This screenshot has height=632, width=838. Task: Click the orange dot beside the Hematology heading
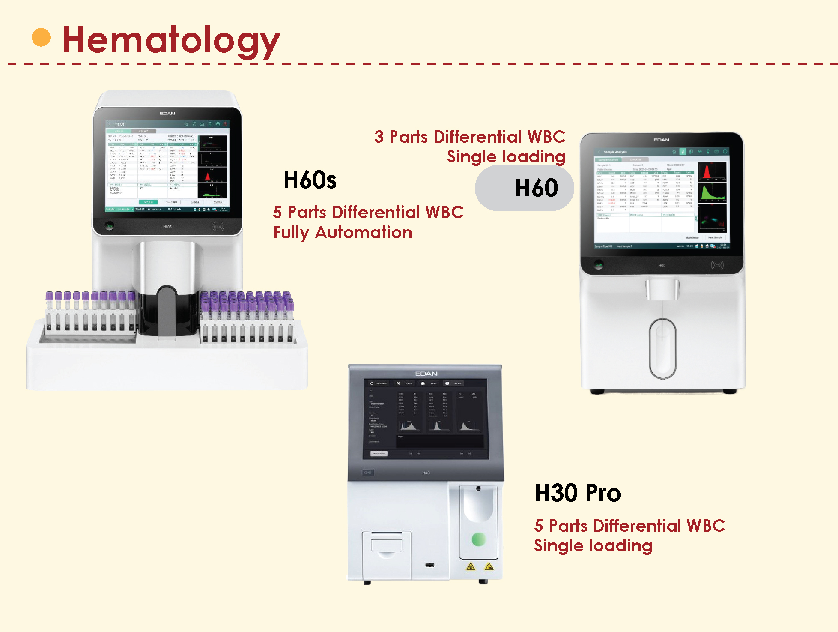click(41, 37)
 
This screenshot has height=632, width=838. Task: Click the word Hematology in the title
click(171, 40)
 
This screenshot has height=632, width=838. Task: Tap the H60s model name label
click(310, 180)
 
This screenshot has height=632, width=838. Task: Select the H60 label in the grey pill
click(536, 188)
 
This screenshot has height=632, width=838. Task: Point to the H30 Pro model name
click(578, 493)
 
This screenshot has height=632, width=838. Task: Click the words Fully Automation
click(343, 233)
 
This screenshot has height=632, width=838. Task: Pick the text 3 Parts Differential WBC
click(469, 137)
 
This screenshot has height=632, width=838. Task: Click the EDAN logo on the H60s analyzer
click(167, 114)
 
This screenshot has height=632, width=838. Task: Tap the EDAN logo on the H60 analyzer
click(661, 140)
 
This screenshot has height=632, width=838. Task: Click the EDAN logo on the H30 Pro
click(426, 374)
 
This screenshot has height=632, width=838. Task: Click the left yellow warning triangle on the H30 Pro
click(471, 567)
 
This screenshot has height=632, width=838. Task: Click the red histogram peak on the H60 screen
click(707, 171)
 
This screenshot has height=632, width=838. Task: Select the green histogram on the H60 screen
click(712, 193)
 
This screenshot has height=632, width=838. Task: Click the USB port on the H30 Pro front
click(429, 565)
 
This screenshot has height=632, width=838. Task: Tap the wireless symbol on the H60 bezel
click(717, 265)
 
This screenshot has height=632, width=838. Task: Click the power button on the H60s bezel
click(110, 226)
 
